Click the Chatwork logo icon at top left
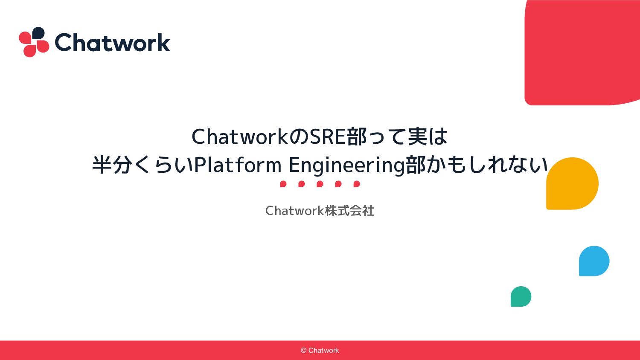(x=34, y=42)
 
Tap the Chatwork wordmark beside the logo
(x=112, y=42)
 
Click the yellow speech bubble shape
(x=572, y=183)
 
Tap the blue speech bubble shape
(x=594, y=261)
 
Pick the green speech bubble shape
(x=521, y=296)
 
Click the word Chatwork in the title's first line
(x=240, y=136)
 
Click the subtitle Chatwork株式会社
(x=320, y=211)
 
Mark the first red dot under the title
(x=283, y=184)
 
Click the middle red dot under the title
(x=320, y=184)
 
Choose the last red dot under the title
(x=357, y=184)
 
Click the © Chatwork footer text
(x=320, y=350)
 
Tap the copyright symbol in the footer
(x=303, y=350)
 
